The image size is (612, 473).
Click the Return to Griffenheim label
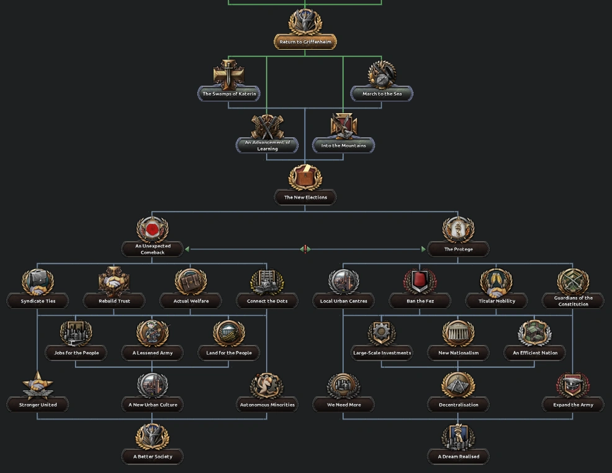click(x=305, y=42)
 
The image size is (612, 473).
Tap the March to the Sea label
click(x=382, y=94)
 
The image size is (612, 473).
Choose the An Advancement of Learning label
click(x=267, y=145)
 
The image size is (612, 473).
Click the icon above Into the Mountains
click(x=343, y=126)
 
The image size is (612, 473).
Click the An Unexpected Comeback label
click(x=153, y=249)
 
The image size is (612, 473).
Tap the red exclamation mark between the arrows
click(x=305, y=249)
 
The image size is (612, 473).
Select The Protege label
click(x=458, y=249)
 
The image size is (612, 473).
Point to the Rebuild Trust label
click(x=114, y=301)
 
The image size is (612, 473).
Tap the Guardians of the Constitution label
click(x=572, y=301)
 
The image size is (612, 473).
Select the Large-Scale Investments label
click(x=382, y=353)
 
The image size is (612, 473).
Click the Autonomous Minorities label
click(x=267, y=405)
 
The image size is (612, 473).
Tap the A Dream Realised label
click(x=458, y=457)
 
